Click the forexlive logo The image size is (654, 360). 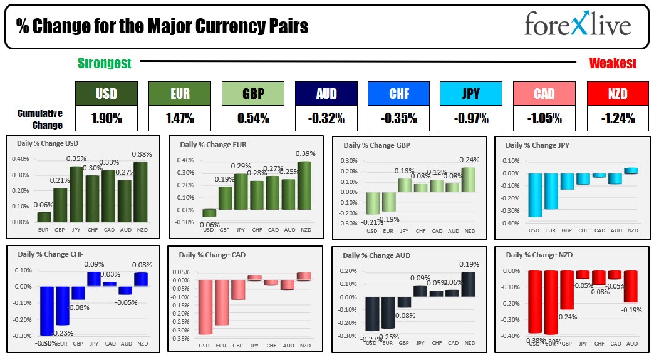(578, 26)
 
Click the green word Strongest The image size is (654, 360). (104, 63)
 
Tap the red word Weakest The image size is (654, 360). (612, 63)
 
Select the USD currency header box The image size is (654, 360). (106, 94)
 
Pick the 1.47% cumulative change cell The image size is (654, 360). (179, 118)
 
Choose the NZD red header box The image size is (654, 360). (617, 94)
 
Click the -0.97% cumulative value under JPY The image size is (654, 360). (470, 118)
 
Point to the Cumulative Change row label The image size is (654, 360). (40, 119)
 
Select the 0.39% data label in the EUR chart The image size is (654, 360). (306, 153)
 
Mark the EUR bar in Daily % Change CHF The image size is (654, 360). (62, 306)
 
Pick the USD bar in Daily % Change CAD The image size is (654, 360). (205, 307)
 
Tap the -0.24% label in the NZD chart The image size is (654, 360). (567, 317)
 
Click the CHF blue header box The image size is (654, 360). (398, 94)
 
